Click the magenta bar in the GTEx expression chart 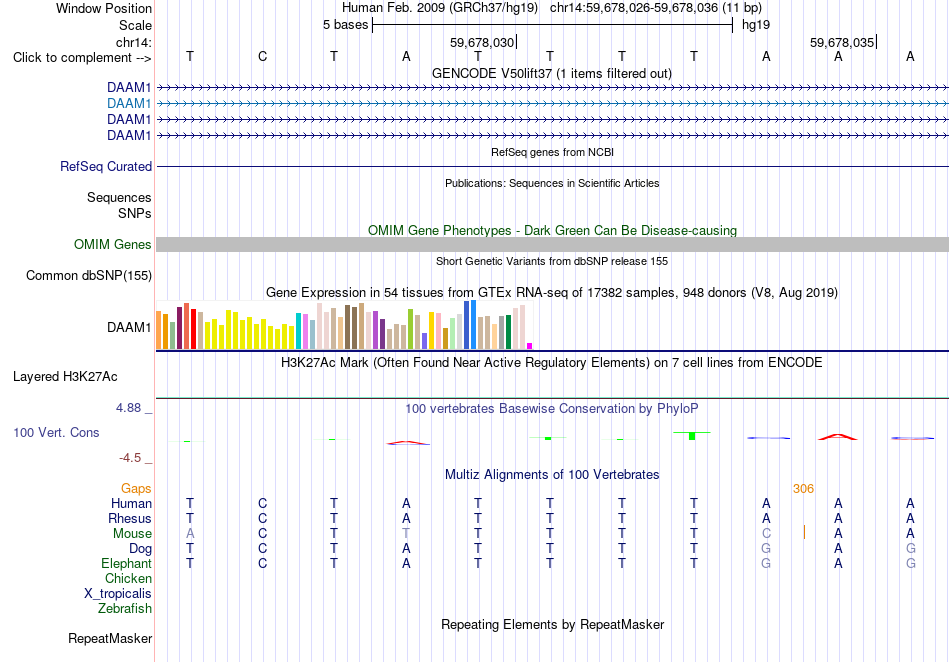530,346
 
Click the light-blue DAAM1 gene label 129,104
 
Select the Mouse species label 132,534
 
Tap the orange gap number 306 803,489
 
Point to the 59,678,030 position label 482,42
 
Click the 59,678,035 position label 842,42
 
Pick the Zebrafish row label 125,609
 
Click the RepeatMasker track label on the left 110,638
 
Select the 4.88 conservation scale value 128,408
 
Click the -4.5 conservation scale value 130,458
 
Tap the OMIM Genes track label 113,245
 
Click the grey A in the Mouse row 190,534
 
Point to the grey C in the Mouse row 766,534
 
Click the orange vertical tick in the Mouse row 804,532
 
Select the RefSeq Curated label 106,167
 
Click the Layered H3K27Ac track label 65,377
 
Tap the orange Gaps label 136,489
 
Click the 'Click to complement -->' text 82,58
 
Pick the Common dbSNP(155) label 89,276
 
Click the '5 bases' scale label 345,25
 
